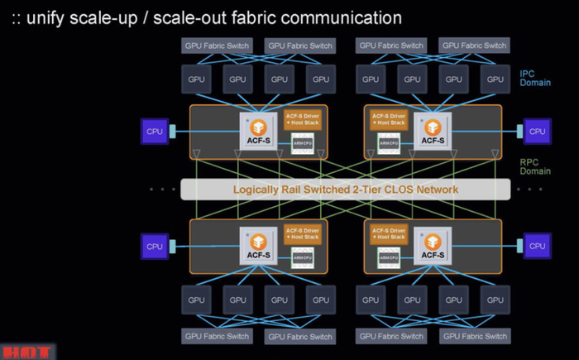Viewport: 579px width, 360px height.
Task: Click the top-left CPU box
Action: pyautogui.click(x=155, y=131)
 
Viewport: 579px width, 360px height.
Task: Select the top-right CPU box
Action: pyautogui.click(x=537, y=131)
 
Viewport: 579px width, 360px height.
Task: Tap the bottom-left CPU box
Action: pyautogui.click(x=155, y=246)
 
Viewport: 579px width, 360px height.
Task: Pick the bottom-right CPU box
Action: pyautogui.click(x=537, y=246)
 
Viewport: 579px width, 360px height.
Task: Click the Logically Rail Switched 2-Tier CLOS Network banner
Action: pyautogui.click(x=345, y=190)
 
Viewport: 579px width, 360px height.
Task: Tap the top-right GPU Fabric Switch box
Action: pyautogui.click(x=474, y=46)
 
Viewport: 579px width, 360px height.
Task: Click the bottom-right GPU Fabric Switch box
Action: pyautogui.click(x=474, y=336)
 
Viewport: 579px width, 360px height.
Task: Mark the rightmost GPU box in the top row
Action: pyautogui.click(x=494, y=79)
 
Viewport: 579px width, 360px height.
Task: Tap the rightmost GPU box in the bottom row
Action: pyautogui.click(x=494, y=300)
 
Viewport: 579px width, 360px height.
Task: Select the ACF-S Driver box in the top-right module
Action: pyautogui.click(x=387, y=119)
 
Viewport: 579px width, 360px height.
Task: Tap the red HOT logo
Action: pyautogui.click(x=26, y=352)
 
